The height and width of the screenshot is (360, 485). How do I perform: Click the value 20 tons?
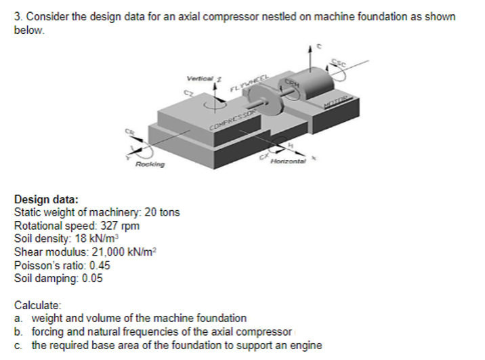coord(162,213)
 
